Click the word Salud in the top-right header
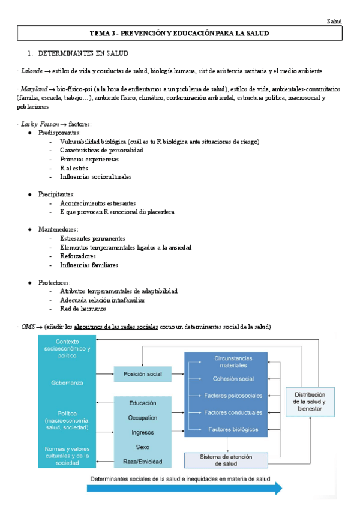coord(334,21)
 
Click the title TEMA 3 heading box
coord(179,33)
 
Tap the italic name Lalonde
coord(32,71)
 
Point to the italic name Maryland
coord(34,89)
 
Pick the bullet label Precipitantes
coord(56,194)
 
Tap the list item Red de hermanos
coord(83,309)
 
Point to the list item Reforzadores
coord(78,256)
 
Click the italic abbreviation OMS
coord(28,327)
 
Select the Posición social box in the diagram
coord(142,374)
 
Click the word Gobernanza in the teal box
coord(65,382)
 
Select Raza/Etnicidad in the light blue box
coord(142,461)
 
